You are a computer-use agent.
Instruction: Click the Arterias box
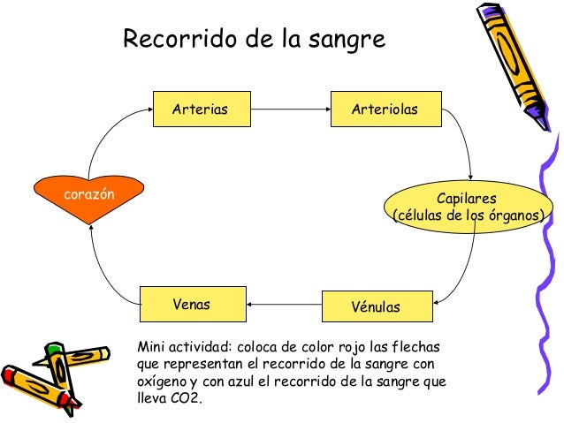[x=201, y=110]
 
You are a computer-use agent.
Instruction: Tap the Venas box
[x=192, y=305]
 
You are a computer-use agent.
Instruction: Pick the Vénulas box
[x=377, y=306]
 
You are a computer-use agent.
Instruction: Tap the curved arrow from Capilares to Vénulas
[x=469, y=265]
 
